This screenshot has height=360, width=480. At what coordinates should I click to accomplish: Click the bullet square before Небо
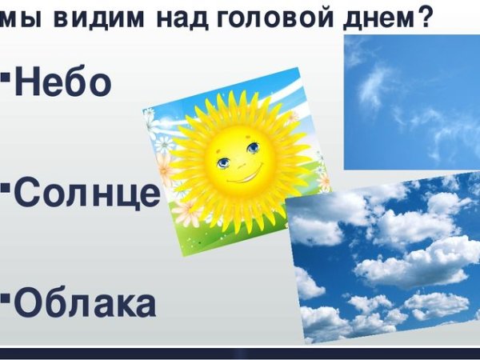[x=6, y=77]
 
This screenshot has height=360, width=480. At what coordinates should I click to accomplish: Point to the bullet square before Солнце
[x=6, y=188]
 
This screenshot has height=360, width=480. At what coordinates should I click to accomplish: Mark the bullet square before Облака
[x=6, y=298]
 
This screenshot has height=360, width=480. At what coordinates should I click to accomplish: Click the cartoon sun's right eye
[x=253, y=147]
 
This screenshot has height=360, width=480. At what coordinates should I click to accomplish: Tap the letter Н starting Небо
[x=27, y=82]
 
